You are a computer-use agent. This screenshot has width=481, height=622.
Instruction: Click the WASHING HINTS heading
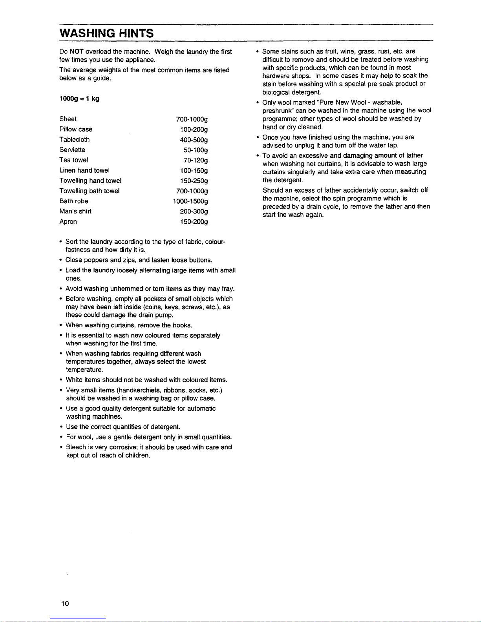[106, 33]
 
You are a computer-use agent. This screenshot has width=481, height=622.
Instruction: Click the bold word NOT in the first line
[77, 52]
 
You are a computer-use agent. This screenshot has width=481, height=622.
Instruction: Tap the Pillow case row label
[76, 129]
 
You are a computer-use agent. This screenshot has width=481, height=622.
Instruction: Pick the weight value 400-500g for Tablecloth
[194, 140]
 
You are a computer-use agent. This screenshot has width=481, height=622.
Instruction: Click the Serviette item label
[72, 150]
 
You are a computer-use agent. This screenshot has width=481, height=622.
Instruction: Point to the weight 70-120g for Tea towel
[196, 160]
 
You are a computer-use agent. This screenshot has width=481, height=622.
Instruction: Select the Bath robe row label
[74, 201]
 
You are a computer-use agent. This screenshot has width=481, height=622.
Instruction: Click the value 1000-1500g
[190, 201]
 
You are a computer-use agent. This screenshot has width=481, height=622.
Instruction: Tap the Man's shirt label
[75, 211]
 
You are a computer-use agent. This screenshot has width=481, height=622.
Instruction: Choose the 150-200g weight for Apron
[194, 222]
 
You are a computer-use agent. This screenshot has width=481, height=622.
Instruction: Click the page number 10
[65, 604]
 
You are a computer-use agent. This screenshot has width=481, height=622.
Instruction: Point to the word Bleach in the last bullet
[76, 447]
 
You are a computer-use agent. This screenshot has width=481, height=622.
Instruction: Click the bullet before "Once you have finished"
[257, 137]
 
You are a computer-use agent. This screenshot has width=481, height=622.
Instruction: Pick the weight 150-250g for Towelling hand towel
[194, 181]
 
